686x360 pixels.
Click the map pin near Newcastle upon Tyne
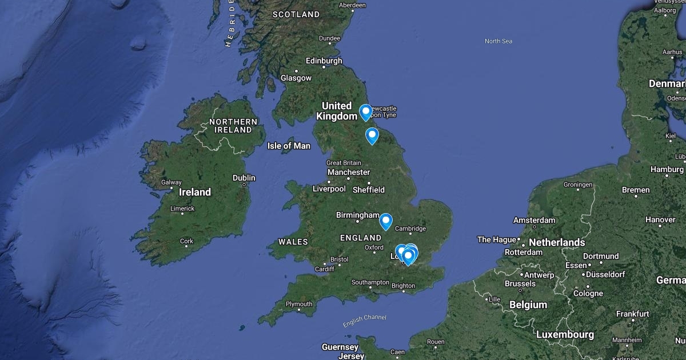[x=365, y=112]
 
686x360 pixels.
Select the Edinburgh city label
[x=324, y=61]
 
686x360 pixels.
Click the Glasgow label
[x=296, y=78]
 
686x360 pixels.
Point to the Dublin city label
[x=244, y=178]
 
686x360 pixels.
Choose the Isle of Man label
[x=289, y=146]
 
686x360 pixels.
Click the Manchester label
[x=349, y=172]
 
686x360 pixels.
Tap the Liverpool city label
[x=329, y=189]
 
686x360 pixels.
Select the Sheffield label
[x=369, y=190]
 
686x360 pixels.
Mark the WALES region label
[x=293, y=242]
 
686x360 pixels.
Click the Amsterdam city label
[x=534, y=220]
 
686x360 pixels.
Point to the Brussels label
[x=520, y=283]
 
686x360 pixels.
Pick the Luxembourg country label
[x=565, y=334]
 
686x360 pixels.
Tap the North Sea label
[x=498, y=41]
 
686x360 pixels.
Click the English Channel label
[x=365, y=321]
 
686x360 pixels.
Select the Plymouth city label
[x=299, y=304]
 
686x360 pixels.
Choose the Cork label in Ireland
[x=187, y=241]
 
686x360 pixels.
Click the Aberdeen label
[x=352, y=5]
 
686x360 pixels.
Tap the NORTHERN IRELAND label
[x=233, y=126]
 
